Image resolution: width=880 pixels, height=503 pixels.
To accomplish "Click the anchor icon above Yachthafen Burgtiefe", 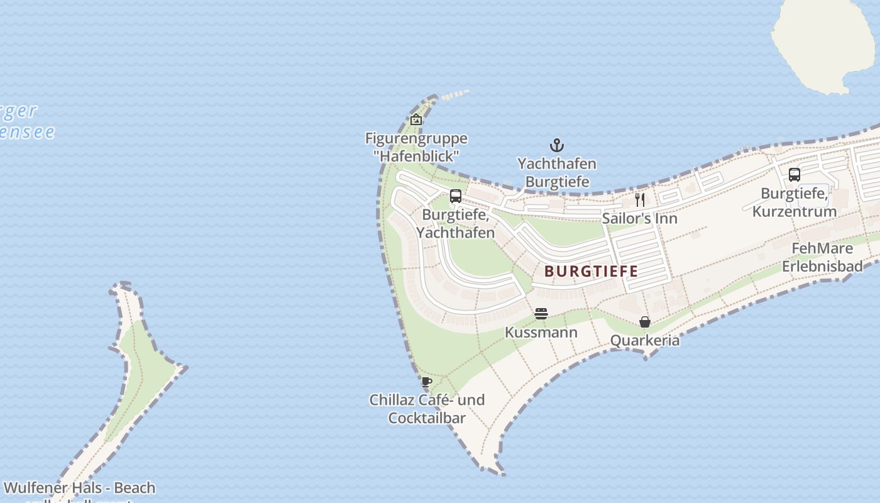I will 557,146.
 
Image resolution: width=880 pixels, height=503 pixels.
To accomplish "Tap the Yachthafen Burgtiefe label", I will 557,173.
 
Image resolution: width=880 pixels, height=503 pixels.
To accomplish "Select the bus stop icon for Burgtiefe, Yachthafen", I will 456,196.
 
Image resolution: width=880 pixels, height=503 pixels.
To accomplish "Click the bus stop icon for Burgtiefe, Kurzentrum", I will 795,175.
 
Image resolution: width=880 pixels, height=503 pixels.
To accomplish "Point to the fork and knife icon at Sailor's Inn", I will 640,200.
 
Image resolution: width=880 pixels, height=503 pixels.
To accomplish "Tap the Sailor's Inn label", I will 640,219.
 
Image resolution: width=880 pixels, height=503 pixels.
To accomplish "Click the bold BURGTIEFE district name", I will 591,272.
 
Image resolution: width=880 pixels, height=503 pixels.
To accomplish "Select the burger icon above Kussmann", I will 541,313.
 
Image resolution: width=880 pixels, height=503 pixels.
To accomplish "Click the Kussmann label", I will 541,332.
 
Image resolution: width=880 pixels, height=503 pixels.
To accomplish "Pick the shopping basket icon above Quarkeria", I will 645,322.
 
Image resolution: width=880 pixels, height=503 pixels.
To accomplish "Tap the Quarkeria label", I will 645,341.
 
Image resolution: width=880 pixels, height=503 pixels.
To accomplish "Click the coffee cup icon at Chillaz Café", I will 427,381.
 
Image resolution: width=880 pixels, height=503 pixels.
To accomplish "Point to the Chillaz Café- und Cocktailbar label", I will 427,409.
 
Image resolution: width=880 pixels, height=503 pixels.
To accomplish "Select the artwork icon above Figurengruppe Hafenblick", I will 416,119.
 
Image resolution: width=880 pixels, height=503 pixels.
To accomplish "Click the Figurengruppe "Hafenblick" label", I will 416,146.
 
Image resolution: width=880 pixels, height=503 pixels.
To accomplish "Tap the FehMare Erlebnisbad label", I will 822,257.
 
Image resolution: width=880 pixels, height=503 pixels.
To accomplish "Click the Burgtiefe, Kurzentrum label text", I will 795,202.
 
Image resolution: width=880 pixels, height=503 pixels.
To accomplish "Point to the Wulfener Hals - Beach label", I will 79,488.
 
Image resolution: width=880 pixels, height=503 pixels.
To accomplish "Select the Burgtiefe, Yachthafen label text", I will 456,223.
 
